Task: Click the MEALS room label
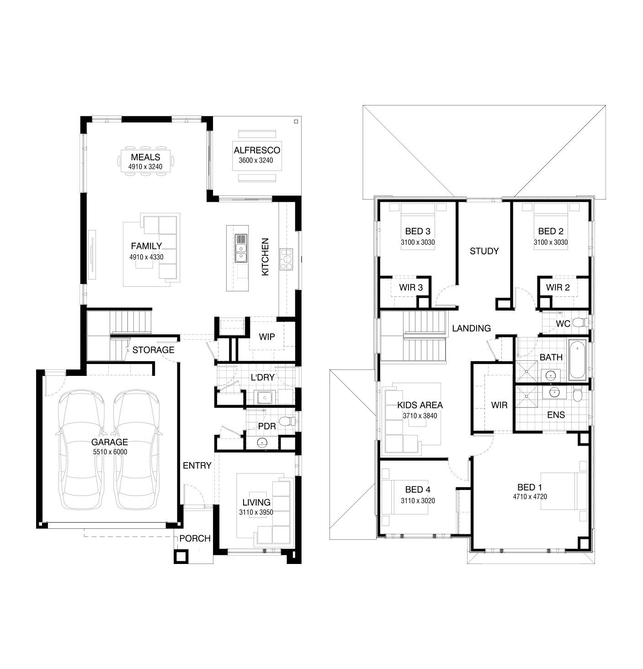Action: coord(145,157)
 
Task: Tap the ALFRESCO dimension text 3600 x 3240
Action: coord(255,160)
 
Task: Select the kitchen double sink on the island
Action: coord(241,248)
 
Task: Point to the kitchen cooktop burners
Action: coord(286,259)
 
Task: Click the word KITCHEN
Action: coord(265,257)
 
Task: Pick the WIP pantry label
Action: coord(266,337)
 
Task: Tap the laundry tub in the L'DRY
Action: coord(264,397)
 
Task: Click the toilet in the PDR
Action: coord(287,421)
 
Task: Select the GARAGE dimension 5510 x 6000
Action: coord(110,452)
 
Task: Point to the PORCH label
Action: coord(195,538)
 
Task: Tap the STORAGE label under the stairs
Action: coord(153,350)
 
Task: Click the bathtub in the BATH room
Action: coord(577,360)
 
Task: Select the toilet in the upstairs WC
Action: coord(581,322)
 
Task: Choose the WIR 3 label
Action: coord(411,287)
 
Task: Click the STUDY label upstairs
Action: coord(484,251)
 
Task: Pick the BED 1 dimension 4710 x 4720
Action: coord(530,496)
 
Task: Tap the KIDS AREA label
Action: coord(420,405)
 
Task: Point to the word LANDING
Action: coord(471,328)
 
